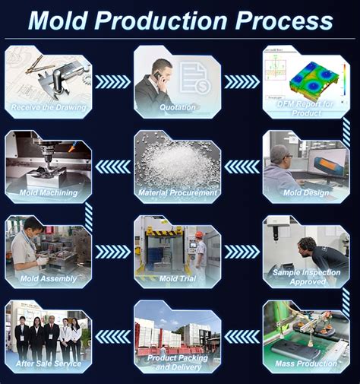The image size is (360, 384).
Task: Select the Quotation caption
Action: coord(178,107)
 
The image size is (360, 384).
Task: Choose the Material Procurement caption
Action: coord(178,192)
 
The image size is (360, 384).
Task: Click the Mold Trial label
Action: coord(178,278)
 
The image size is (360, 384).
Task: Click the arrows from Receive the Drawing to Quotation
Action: coord(113,81)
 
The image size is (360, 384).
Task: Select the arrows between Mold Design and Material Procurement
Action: coord(242,166)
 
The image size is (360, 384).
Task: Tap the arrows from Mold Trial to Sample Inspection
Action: coord(242,251)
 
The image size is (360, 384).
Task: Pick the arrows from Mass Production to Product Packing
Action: coord(242,336)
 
